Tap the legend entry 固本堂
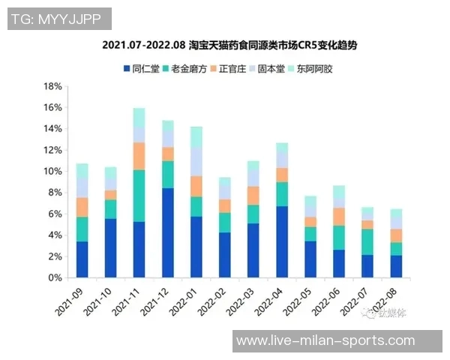(271, 69)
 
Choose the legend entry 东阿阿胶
(314, 69)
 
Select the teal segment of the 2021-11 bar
(139, 196)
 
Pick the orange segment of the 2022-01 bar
(196, 186)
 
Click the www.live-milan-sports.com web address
(325, 341)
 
